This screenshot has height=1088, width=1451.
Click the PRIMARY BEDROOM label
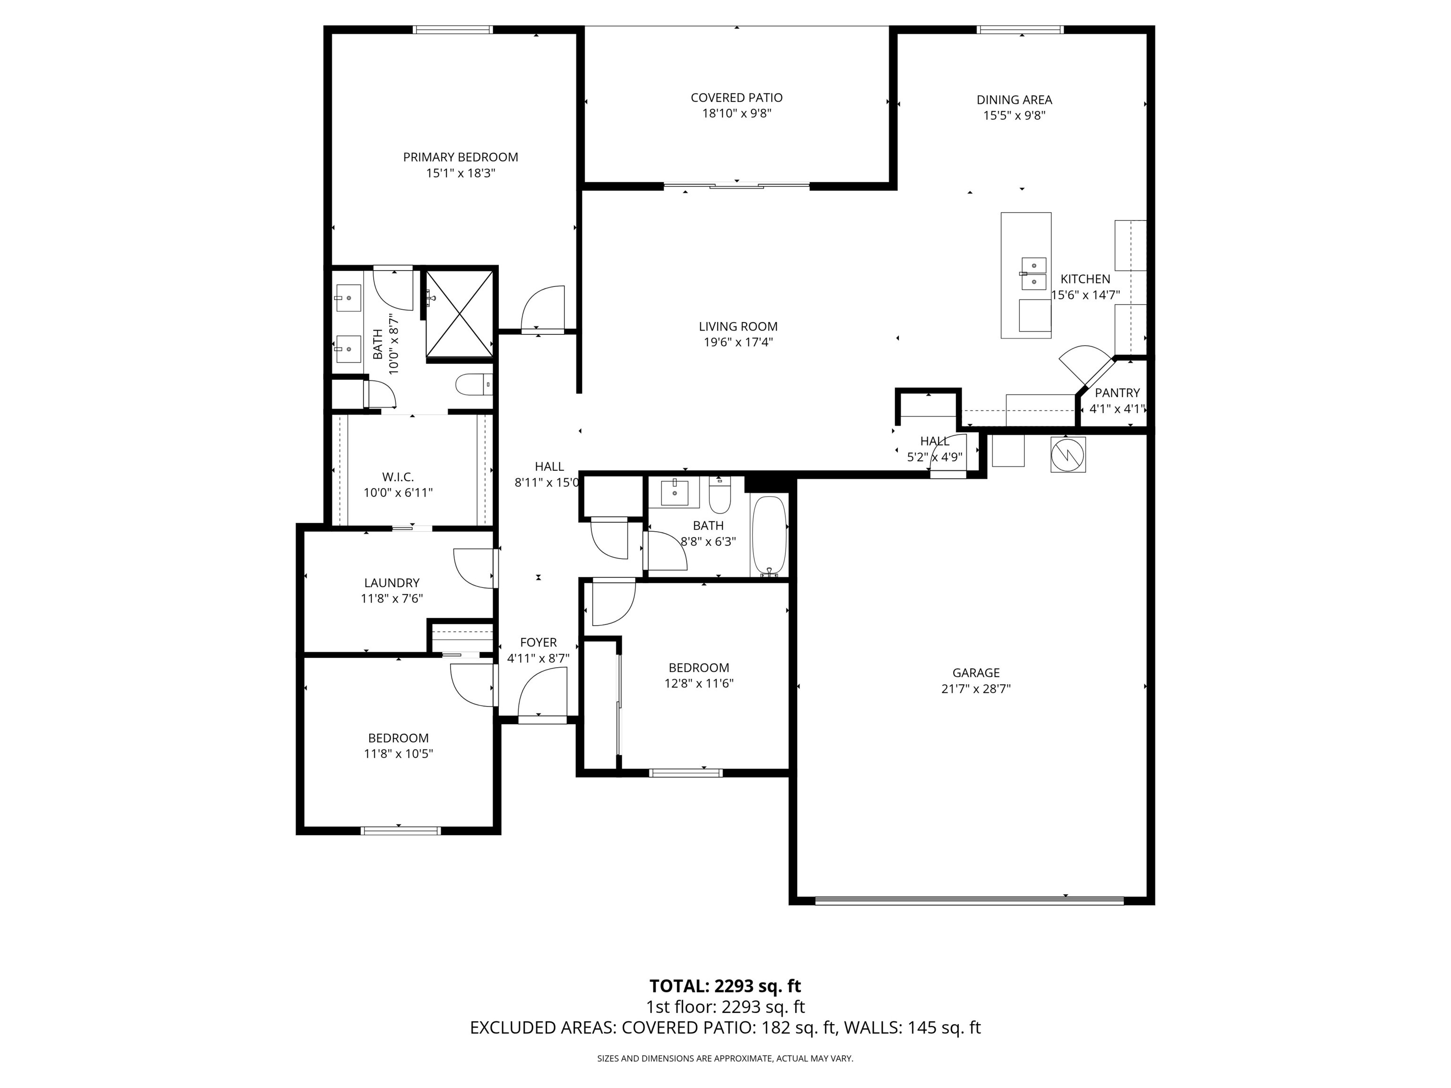[461, 157]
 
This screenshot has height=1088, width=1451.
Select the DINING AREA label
[1014, 100]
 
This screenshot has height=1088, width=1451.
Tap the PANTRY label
[1117, 393]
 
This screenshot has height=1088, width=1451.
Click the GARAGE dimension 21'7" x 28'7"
[975, 688]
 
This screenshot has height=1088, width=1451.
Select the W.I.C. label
[398, 477]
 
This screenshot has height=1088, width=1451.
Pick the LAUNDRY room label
[392, 582]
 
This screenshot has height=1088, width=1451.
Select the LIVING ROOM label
[738, 326]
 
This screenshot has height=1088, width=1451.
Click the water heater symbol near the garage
[1068, 454]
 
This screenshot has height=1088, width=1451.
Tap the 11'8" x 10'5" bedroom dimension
[398, 754]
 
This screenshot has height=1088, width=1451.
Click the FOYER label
[538, 643]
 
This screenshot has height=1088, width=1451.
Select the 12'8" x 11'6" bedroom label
[699, 668]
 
